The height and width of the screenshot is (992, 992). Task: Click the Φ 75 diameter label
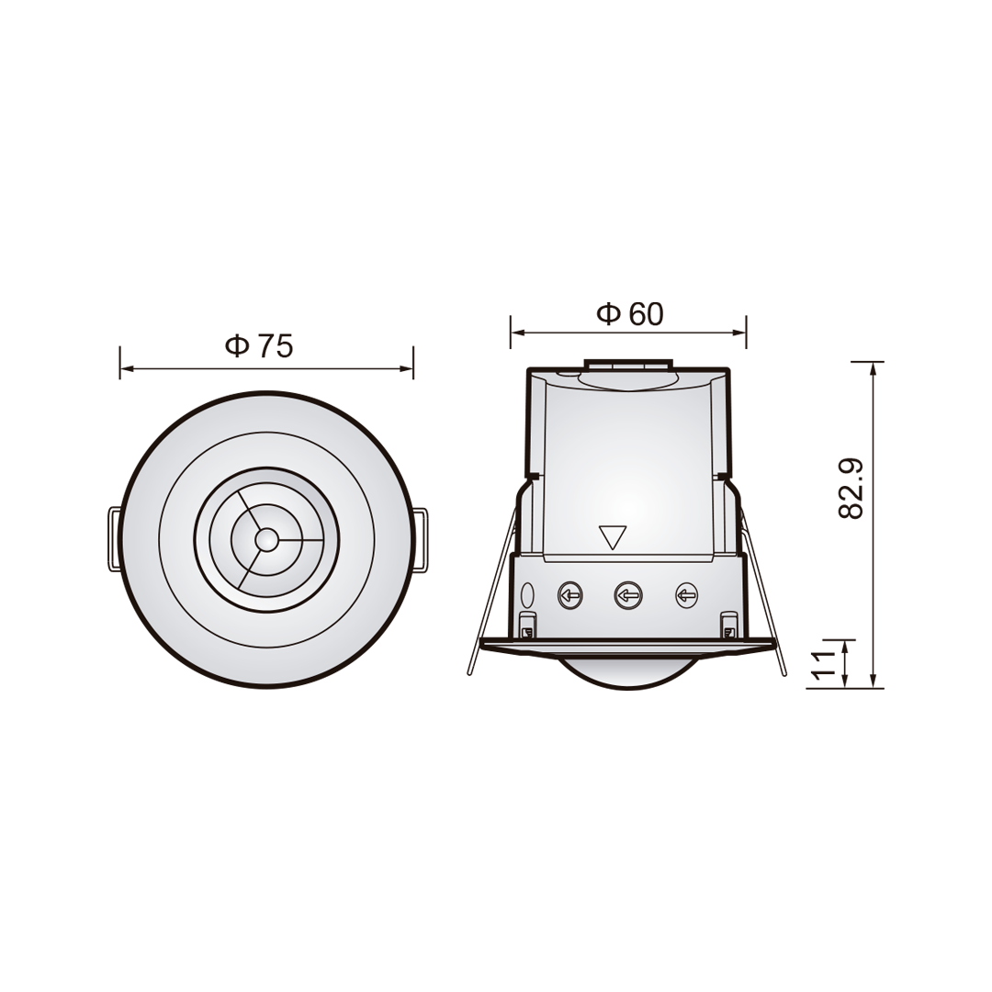[259, 346]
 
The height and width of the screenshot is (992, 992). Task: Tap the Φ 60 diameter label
[630, 314]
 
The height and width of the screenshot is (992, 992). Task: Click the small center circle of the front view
[266, 539]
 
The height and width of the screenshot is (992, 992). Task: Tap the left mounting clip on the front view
[115, 539]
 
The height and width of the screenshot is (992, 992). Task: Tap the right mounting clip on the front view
[420, 540]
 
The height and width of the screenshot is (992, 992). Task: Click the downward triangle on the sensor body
[612, 535]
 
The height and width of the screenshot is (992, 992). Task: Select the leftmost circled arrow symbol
[569, 595]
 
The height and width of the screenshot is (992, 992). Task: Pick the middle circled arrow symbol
[627, 595]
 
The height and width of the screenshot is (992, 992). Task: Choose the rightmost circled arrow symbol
[686, 595]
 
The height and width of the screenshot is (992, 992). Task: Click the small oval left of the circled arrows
[527, 594]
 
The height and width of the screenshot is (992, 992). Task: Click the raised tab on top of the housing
[628, 365]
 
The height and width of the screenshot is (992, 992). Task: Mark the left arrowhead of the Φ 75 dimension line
[126, 368]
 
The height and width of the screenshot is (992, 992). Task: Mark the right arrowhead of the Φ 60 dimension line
[740, 333]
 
